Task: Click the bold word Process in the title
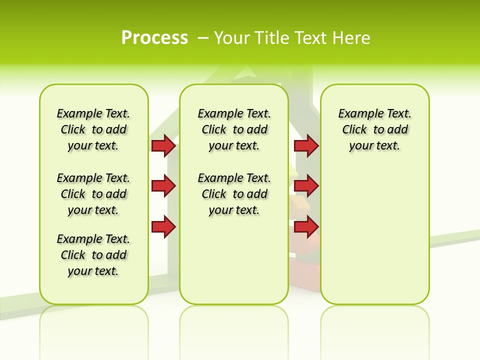coord(154,38)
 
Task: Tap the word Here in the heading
coord(352,38)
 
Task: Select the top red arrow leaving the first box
coord(163,146)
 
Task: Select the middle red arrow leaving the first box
coord(163,186)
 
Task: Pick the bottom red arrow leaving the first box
coord(163,227)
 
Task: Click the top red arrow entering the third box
coord(306,146)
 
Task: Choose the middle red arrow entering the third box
coord(306,186)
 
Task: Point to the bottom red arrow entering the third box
coord(306,227)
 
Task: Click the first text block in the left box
coord(93,129)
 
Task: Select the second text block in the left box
coord(93,194)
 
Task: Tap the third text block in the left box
coord(93,255)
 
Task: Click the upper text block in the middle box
coord(234,129)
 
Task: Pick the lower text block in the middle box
coord(234,194)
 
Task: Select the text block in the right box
coord(374,129)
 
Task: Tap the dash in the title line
coord(203,38)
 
